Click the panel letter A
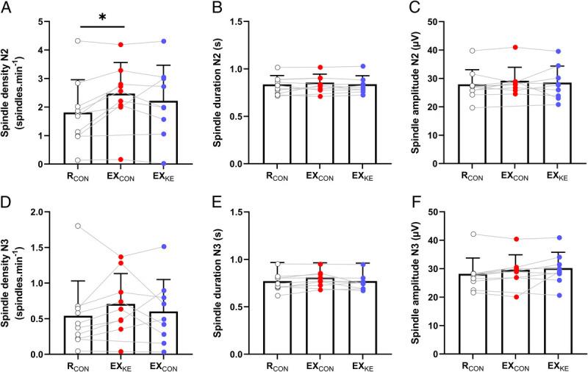(x=6, y=10)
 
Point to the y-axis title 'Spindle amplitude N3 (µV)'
(x=417, y=283)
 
